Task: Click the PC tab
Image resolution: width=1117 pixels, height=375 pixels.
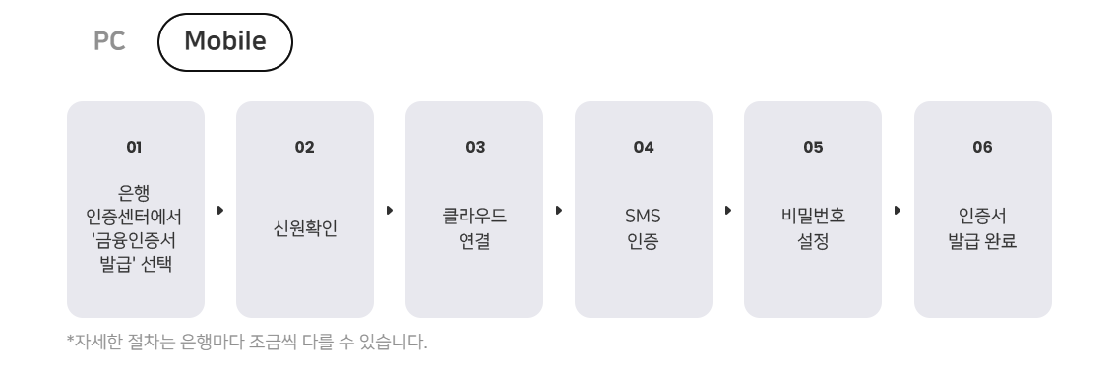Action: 109,42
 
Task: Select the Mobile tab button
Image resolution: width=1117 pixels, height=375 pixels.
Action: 225,42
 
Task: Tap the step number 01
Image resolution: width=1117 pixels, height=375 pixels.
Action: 135,147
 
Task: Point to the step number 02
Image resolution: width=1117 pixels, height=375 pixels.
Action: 304,147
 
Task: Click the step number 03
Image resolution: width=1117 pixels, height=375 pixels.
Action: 475,147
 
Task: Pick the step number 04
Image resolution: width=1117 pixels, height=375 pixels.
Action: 644,147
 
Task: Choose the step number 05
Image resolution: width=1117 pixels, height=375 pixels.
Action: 813,147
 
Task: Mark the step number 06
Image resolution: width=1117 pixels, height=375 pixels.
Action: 982,147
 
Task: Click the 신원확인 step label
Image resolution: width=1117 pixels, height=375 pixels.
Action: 305,228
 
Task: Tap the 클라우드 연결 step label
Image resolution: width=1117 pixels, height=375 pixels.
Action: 474,228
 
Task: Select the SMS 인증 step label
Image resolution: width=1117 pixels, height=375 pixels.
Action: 644,228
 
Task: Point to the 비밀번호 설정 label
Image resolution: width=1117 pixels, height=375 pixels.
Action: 813,228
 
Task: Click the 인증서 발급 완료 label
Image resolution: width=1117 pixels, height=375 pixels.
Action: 982,228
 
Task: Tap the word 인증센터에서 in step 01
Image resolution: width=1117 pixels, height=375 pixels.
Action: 135,215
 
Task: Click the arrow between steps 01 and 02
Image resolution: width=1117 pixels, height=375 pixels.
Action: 220,211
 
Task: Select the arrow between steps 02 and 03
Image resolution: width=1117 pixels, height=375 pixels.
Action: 390,211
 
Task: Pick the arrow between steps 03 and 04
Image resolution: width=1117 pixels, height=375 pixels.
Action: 559,211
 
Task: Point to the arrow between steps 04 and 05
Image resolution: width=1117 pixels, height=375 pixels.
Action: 728,211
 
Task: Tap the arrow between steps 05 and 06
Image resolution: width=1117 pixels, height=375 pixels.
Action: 898,211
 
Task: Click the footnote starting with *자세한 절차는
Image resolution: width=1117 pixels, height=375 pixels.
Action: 247,343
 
